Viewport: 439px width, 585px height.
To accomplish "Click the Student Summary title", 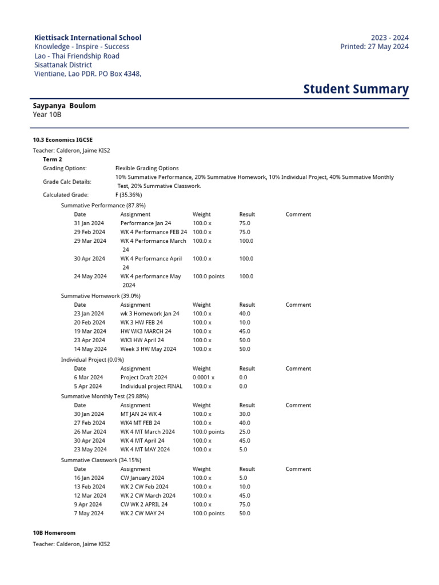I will pyautogui.click(x=356, y=89).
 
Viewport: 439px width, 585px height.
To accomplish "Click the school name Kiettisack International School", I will pyautogui.click(x=87, y=38).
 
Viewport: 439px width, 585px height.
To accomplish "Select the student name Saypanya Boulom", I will pyautogui.click(x=65, y=106).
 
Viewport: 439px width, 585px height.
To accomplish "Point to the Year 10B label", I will pyautogui.click(x=47, y=115).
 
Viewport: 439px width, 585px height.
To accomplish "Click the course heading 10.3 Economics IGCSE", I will pyautogui.click(x=63, y=139).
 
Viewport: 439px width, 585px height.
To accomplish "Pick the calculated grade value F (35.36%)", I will pyautogui.click(x=129, y=195).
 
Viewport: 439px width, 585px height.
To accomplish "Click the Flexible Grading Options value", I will pyautogui.click(x=147, y=169).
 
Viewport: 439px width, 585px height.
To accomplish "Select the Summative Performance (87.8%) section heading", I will pyautogui.click(x=103, y=205).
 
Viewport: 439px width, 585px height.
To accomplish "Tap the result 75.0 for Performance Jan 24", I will pyautogui.click(x=245, y=223).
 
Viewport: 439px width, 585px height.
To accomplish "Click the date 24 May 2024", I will pyautogui.click(x=90, y=277).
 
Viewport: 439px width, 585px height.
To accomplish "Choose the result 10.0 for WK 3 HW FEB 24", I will pyautogui.click(x=245, y=322).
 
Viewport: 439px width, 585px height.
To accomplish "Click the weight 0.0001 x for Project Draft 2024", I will pyautogui.click(x=203, y=378).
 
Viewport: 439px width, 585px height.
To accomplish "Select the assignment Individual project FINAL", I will pyautogui.click(x=151, y=386).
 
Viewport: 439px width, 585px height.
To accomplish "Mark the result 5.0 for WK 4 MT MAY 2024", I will pyautogui.click(x=243, y=450).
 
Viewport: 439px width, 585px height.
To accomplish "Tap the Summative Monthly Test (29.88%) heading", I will pyautogui.click(x=105, y=396).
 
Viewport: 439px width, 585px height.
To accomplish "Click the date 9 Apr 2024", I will pyautogui.click(x=88, y=504).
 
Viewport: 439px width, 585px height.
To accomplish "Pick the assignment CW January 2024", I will pyautogui.click(x=142, y=478).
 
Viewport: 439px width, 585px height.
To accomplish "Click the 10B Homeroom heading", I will pyautogui.click(x=54, y=532).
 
